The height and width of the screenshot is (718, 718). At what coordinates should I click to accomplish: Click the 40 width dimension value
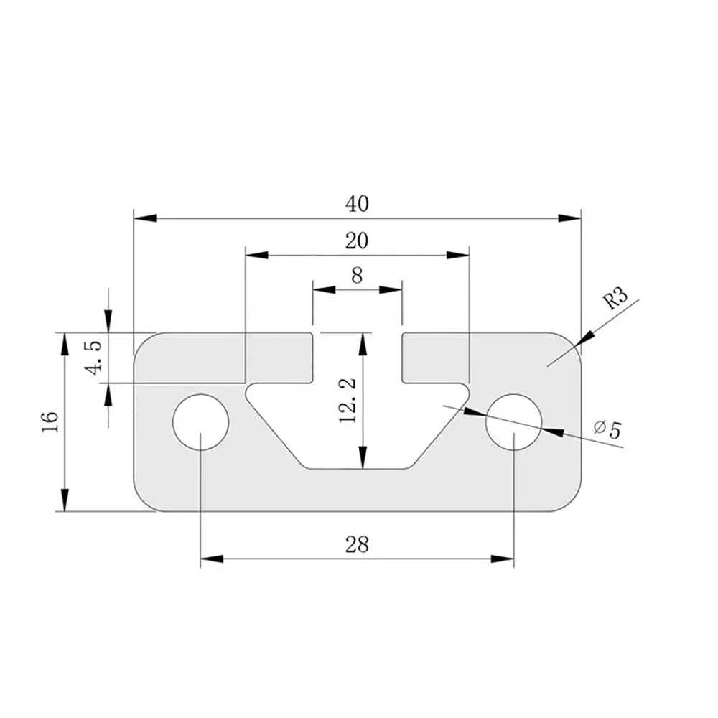click(x=357, y=204)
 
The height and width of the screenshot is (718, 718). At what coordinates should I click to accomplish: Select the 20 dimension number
click(x=357, y=241)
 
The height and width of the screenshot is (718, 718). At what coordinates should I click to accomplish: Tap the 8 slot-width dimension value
click(x=357, y=275)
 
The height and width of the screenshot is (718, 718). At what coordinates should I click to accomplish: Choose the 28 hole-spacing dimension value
click(x=357, y=545)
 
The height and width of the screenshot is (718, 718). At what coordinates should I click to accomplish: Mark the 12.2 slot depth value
click(x=348, y=401)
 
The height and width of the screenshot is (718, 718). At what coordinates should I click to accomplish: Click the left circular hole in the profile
click(x=201, y=422)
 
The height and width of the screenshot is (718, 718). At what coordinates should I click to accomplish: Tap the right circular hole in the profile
click(x=513, y=422)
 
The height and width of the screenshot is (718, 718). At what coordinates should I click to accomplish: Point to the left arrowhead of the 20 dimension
click(x=256, y=254)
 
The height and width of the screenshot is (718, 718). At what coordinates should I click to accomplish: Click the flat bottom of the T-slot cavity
click(x=357, y=467)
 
